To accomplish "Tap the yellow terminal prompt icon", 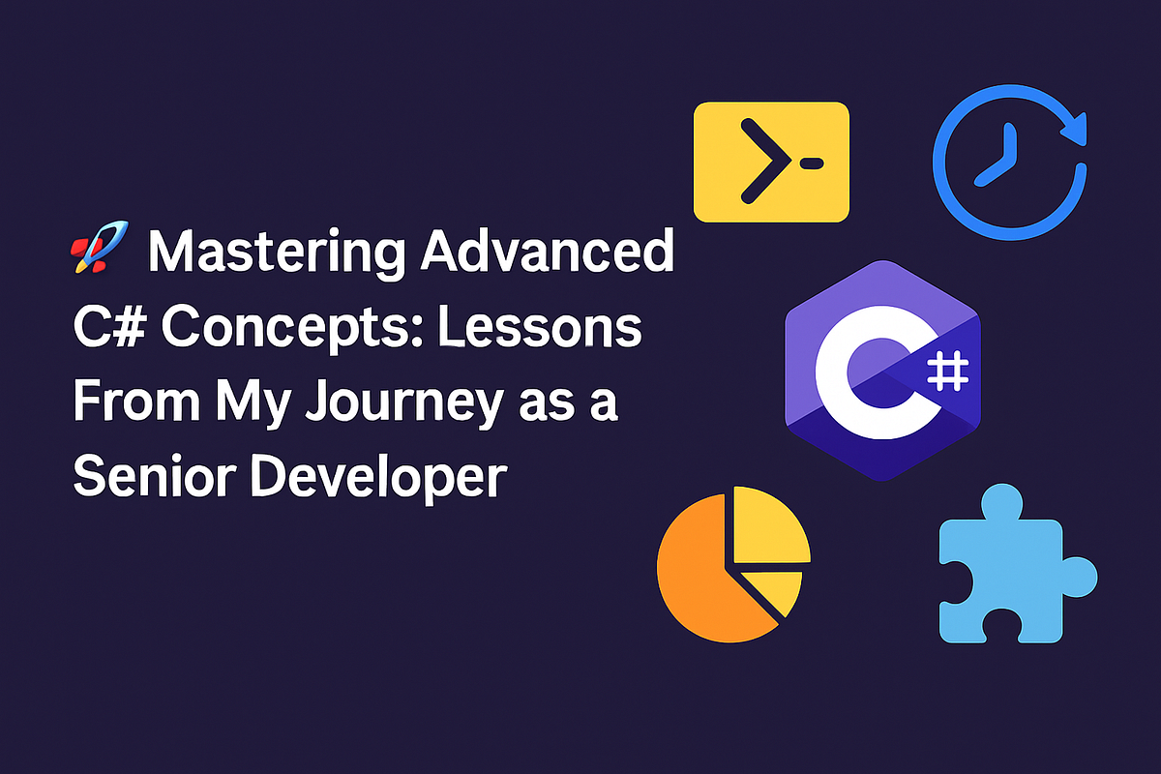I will coord(771,162).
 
